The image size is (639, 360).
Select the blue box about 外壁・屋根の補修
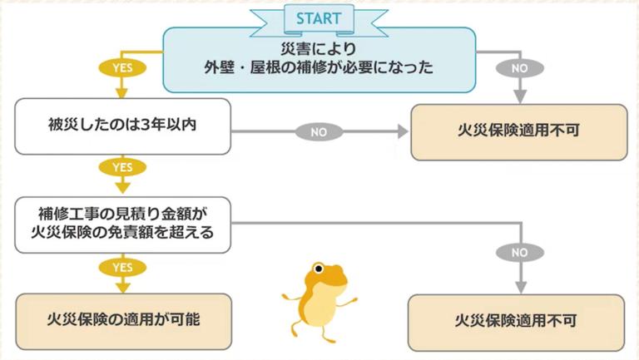click(319, 59)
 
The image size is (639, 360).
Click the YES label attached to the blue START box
click(122, 67)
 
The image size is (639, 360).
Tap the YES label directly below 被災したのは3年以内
click(122, 168)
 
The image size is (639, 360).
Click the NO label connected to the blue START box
click(518, 67)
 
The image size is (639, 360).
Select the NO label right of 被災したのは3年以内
click(319, 131)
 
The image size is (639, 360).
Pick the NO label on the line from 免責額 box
click(519, 251)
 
